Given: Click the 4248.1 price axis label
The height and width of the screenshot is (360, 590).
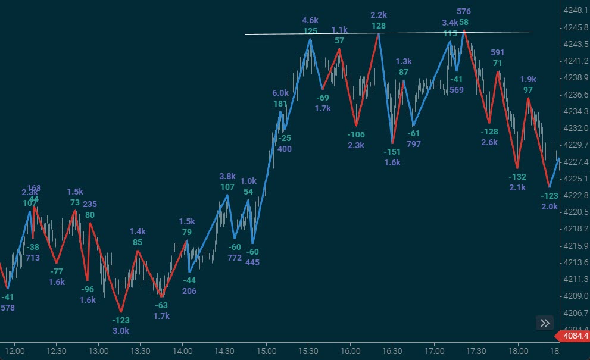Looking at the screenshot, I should pos(575,10).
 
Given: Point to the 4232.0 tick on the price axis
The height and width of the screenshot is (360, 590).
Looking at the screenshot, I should pos(575,128).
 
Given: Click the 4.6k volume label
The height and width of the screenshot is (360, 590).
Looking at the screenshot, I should pos(310,21).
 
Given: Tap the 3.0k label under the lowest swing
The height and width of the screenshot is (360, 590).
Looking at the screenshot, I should pos(121,331).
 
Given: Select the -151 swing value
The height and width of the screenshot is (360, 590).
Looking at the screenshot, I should pos(392,152).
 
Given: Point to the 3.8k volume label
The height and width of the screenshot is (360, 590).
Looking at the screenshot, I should pos(227,176).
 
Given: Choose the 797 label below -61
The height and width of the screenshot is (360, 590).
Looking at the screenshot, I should pos(413,144).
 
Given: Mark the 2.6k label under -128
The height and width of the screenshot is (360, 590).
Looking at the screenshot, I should pos(489,142).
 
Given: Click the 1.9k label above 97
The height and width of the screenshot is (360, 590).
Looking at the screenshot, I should pos(528,79).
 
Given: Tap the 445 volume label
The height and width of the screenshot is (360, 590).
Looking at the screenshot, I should pos(252,262).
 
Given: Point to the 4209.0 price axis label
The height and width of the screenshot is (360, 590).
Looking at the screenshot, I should pos(575,296).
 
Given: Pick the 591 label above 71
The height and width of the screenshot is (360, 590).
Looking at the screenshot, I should pos(497,52).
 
